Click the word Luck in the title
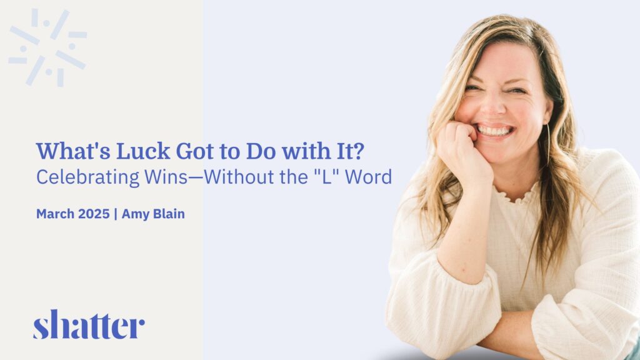(143, 151)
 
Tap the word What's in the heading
(73, 151)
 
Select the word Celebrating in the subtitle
(87, 177)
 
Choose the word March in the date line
(56, 214)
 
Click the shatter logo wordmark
(89, 324)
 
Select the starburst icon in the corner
(47, 47)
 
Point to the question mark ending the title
(357, 151)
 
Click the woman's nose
(491, 107)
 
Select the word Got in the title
(195, 151)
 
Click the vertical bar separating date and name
(116, 214)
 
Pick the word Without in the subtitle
(237, 176)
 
